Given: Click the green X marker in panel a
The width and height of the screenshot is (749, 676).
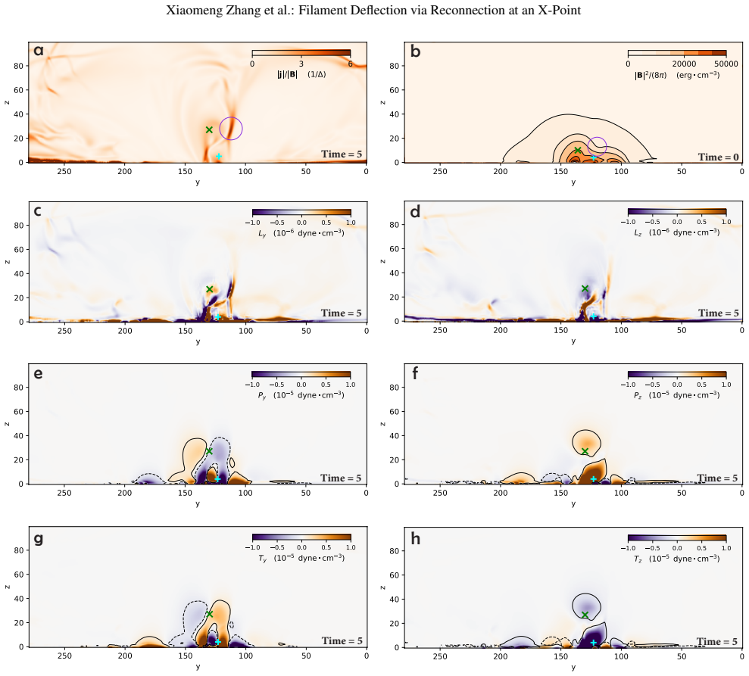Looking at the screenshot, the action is point(209,130).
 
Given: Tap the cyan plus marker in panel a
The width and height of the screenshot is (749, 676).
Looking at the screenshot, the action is point(218,156).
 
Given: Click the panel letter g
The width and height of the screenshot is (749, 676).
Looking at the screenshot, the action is point(38,539).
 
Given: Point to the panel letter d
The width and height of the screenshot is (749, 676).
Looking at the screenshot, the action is point(415,211).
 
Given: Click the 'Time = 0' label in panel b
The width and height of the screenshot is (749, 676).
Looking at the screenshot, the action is point(719,157).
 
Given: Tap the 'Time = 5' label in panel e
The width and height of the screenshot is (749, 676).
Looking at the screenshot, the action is point(341,478).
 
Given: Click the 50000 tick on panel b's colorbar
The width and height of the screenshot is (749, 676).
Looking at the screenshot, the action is point(726,64).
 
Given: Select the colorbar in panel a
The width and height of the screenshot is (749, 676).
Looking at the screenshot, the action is point(301,53).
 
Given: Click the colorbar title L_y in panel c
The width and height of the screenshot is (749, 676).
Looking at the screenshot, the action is point(262,233).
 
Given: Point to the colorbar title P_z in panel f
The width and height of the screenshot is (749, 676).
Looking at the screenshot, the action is point(637,395).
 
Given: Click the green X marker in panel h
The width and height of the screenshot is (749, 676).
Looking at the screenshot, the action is point(585,615).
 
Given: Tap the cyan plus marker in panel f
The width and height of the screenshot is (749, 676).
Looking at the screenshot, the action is point(593,479).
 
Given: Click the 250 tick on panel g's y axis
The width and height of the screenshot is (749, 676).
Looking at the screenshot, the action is point(64,656).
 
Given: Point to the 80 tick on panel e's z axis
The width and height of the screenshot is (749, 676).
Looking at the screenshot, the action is point(18,388).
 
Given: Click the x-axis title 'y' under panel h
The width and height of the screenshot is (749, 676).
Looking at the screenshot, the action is point(573,668).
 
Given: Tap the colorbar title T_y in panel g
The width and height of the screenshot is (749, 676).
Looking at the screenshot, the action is point(262,558).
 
